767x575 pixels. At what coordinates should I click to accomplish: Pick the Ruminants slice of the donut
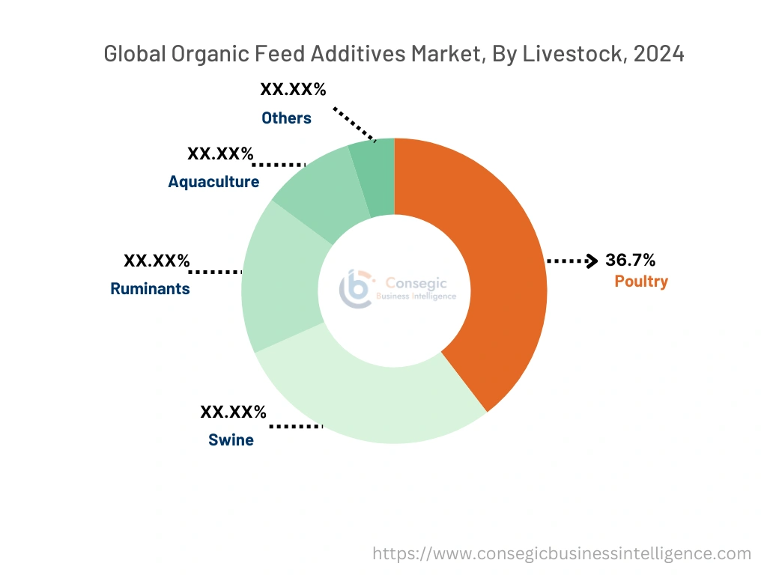click(x=281, y=277)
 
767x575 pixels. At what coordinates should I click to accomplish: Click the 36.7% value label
click(x=631, y=260)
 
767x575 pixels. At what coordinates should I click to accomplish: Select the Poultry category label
click(x=641, y=282)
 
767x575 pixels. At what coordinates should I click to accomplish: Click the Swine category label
click(x=231, y=440)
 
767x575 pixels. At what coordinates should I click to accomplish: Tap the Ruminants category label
click(x=150, y=288)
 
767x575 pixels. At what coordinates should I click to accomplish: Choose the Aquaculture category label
click(x=213, y=182)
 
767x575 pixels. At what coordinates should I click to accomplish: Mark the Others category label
click(x=286, y=118)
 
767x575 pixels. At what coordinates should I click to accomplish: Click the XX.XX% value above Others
click(x=293, y=90)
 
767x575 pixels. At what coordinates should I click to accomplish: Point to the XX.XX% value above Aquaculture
click(x=220, y=153)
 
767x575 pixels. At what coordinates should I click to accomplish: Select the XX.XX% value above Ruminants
click(x=157, y=261)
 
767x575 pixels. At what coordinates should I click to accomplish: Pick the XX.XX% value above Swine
click(x=233, y=412)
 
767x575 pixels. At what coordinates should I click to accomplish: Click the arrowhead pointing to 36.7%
click(x=592, y=261)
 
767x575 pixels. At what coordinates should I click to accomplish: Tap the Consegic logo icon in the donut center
click(x=356, y=289)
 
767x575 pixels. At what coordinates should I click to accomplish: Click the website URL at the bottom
click(x=562, y=554)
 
